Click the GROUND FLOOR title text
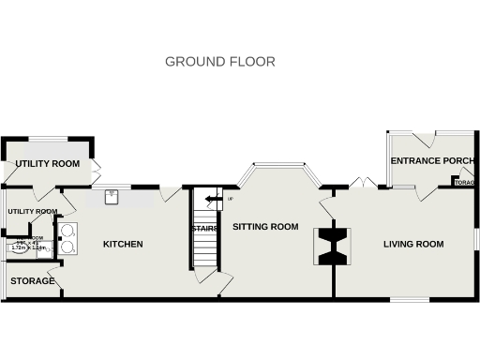coord(220,62)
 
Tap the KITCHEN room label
coord(123,245)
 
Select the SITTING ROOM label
coord(265,227)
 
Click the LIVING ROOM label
coord(412,245)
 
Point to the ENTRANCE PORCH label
coord(432,161)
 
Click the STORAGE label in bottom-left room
coord(32,281)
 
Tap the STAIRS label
coord(205,228)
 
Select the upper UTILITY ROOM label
coord(47,164)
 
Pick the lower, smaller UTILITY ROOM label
coord(33,212)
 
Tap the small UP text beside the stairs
coord(230,199)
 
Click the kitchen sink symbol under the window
coord(112,197)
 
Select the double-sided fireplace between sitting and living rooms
coord(333,246)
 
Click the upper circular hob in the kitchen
coord(68,232)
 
